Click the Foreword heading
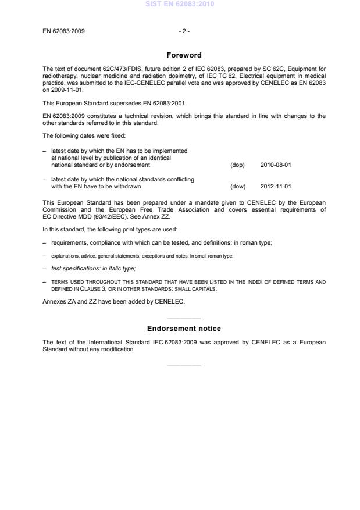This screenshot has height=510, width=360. pos(184,55)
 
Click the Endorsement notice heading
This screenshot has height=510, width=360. pos(184,329)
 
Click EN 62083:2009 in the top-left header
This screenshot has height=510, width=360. pos(64,31)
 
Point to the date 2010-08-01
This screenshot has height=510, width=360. pos(276,165)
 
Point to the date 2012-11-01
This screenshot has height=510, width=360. pos(276,187)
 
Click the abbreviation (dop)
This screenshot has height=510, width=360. pos(237,165)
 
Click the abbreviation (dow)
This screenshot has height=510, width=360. pos(238,187)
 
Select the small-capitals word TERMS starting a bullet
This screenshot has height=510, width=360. pos(59,282)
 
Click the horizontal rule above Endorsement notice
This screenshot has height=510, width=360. pos(184,318)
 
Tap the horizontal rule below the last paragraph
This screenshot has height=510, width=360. pos(184,365)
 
